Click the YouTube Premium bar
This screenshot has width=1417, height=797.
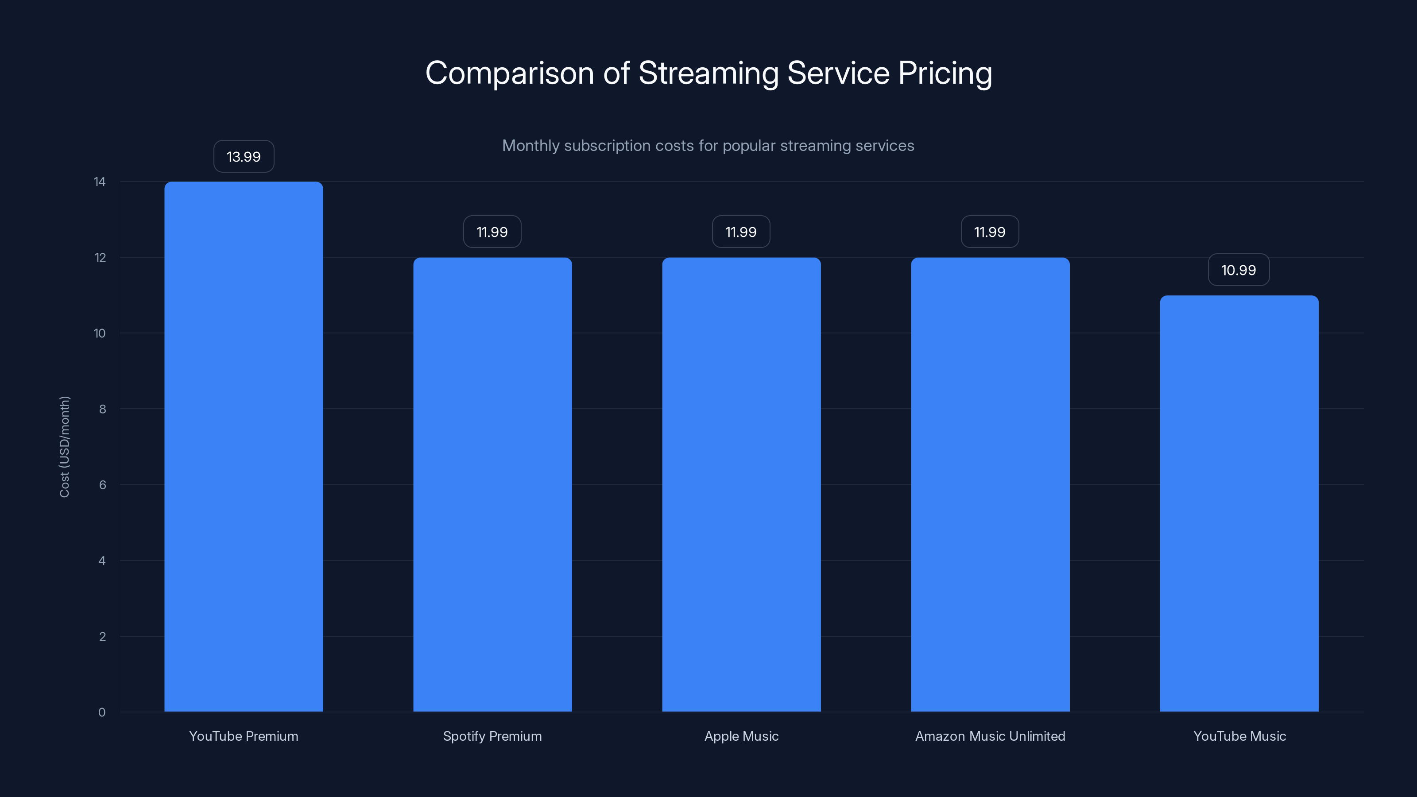(x=244, y=447)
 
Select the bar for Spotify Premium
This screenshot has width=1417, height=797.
(x=492, y=484)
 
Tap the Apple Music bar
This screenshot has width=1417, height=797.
(x=741, y=484)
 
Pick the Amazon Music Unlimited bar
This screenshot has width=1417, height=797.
(x=990, y=484)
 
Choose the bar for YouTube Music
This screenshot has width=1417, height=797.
(x=1239, y=503)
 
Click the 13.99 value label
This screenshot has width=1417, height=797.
(x=244, y=157)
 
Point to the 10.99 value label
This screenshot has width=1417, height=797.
(x=1238, y=270)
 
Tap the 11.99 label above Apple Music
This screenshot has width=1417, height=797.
(x=740, y=232)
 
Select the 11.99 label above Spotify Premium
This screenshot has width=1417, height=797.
(x=492, y=232)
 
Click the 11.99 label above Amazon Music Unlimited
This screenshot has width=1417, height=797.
(x=990, y=232)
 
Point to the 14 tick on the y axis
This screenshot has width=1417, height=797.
(x=100, y=182)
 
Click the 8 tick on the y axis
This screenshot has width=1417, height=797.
(x=102, y=409)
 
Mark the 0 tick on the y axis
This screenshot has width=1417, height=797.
(x=102, y=712)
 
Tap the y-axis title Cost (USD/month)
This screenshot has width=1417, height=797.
(x=64, y=447)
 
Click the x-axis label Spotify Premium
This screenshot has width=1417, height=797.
(x=492, y=736)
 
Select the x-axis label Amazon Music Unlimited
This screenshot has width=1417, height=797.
(x=990, y=736)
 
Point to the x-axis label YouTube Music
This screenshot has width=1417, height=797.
(x=1239, y=736)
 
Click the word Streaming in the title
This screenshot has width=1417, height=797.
(x=708, y=74)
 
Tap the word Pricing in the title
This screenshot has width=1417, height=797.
(x=945, y=74)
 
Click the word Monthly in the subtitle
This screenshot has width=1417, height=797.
(x=530, y=146)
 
